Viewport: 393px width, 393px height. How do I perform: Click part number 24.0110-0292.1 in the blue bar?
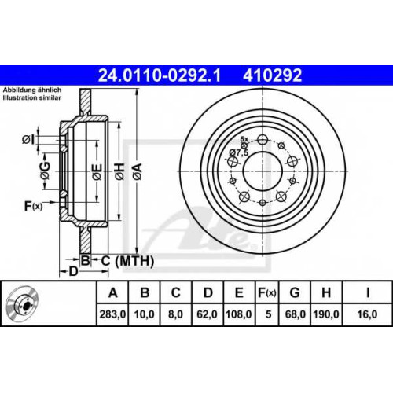pyautogui.click(x=160, y=75)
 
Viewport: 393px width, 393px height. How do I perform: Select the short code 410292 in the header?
pyautogui.click(x=273, y=75)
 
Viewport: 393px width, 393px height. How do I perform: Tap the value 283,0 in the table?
pyautogui.click(x=112, y=314)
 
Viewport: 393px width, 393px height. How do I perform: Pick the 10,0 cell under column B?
pyautogui.click(x=145, y=314)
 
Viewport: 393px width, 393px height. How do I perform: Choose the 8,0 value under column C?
pyautogui.click(x=175, y=314)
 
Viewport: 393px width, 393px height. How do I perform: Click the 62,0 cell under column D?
pyautogui.click(x=207, y=314)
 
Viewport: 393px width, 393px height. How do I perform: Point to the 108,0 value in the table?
pyautogui.click(x=238, y=314)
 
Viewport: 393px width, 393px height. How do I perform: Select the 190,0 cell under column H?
pyautogui.click(x=326, y=314)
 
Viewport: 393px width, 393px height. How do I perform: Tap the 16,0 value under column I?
pyautogui.click(x=367, y=314)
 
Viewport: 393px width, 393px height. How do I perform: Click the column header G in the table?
pyautogui.click(x=295, y=292)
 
